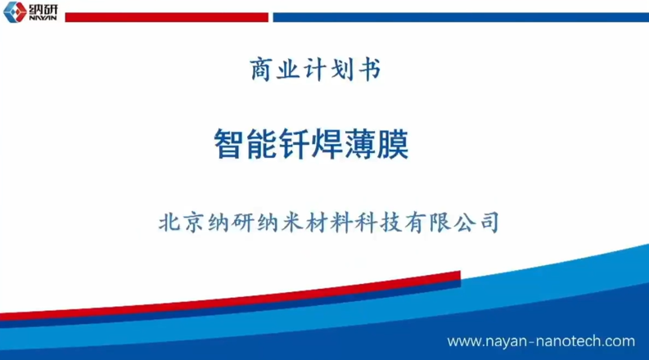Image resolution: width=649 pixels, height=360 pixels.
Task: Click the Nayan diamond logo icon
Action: point(15,11)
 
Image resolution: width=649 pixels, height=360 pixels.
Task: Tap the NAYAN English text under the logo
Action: point(43,18)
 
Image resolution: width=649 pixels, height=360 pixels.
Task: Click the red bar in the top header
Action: point(166,17)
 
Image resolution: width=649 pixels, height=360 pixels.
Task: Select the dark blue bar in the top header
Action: point(461,17)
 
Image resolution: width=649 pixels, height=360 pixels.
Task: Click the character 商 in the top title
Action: point(261,69)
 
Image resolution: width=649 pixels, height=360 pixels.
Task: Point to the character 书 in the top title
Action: point(369,69)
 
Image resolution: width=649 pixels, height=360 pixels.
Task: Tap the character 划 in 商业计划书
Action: point(342,69)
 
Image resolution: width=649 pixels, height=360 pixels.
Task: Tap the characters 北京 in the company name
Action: point(181,223)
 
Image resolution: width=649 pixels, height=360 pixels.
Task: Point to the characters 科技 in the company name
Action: point(378,223)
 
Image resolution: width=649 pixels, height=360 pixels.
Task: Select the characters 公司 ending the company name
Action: point(476,223)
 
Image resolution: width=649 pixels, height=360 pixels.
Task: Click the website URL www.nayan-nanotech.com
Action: point(541,341)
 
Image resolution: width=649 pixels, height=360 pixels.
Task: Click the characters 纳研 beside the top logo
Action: point(43,8)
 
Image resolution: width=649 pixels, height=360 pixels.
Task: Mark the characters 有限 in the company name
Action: point(427,223)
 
